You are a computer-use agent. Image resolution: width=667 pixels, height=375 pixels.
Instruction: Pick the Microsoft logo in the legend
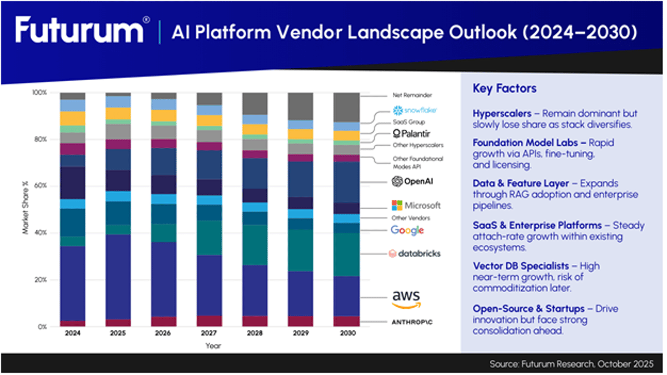click(x=416, y=205)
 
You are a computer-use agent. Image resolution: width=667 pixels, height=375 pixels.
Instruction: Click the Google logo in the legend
click(x=407, y=230)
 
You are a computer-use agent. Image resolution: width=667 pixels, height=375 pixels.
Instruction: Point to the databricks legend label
click(x=415, y=253)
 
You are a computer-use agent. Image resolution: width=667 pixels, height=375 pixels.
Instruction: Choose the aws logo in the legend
click(x=406, y=299)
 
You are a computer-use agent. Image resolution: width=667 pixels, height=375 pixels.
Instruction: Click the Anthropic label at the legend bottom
click(x=416, y=322)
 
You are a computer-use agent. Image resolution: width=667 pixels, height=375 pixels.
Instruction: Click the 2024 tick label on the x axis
click(x=72, y=334)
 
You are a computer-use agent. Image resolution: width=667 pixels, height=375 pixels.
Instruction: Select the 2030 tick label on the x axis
click(x=345, y=334)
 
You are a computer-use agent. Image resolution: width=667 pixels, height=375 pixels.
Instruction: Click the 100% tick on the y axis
click(x=39, y=92)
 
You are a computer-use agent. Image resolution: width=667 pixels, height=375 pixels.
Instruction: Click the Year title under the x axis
click(x=208, y=345)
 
